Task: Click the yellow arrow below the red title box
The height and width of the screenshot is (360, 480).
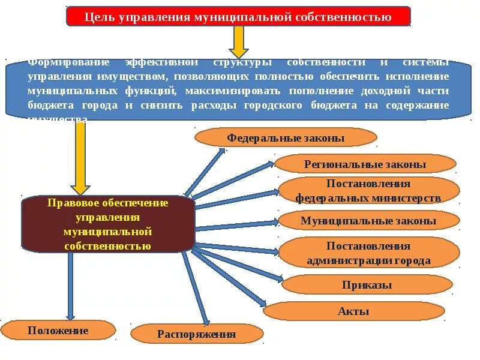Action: (239, 42)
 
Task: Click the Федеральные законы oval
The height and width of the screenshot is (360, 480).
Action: (286, 138)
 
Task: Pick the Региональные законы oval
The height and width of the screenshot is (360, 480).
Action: (365, 164)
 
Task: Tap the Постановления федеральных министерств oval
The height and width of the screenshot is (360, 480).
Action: (368, 191)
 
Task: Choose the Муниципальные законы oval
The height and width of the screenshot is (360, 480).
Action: (368, 221)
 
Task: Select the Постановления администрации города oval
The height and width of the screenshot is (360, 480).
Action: (368, 253)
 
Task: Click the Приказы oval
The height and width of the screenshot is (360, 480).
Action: (367, 285)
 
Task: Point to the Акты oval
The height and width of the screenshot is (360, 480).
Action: (353, 311)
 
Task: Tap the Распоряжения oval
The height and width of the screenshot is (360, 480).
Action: (197, 334)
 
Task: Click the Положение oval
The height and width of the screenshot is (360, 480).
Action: (58, 331)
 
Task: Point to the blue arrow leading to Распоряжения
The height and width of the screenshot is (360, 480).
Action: (198, 288)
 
